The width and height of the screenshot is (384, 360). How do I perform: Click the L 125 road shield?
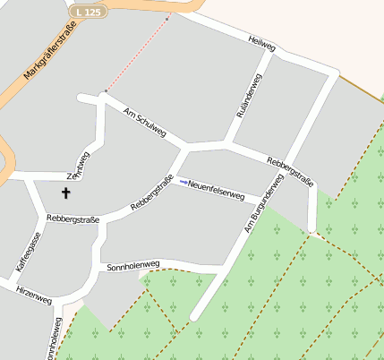pos(89,12)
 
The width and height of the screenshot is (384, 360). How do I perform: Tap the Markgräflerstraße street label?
pos(50,50)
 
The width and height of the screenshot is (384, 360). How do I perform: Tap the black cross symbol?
pos(65,193)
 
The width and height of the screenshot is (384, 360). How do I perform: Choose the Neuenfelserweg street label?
pos(217,189)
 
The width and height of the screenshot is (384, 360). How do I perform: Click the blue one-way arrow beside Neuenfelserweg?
pos(183,183)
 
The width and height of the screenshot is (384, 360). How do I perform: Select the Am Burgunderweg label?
pos(261,206)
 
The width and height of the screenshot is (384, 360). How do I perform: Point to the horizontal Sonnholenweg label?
pos(132,265)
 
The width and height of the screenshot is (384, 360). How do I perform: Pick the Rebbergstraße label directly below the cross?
pos(72,218)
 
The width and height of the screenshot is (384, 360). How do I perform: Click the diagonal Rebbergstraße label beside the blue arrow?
pos(151,193)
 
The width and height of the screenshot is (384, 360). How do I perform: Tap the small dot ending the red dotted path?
pos(106,90)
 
